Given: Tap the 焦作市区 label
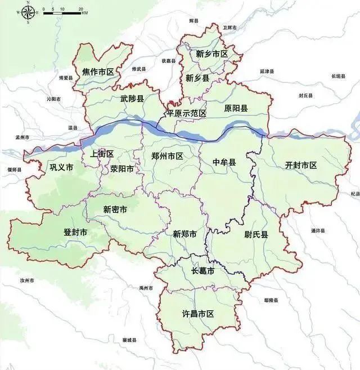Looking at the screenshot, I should (x=98, y=72).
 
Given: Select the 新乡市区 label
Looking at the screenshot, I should (x=212, y=55).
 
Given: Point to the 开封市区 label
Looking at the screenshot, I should (x=301, y=165).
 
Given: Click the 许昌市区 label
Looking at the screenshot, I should (x=199, y=314).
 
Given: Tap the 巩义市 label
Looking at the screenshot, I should (x=61, y=167).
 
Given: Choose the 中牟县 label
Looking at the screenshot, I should (x=224, y=162).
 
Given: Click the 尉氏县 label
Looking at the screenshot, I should (x=256, y=234).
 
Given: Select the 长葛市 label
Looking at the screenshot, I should (x=202, y=271).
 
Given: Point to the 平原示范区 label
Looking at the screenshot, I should (x=186, y=113).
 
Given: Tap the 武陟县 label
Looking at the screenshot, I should (x=132, y=98).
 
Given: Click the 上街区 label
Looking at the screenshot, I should (x=102, y=154).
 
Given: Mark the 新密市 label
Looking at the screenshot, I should (x=115, y=209).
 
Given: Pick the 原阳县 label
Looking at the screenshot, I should (x=236, y=108).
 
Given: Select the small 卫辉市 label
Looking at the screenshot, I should (x=230, y=27).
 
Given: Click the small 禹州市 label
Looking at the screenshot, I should (x=146, y=288).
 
